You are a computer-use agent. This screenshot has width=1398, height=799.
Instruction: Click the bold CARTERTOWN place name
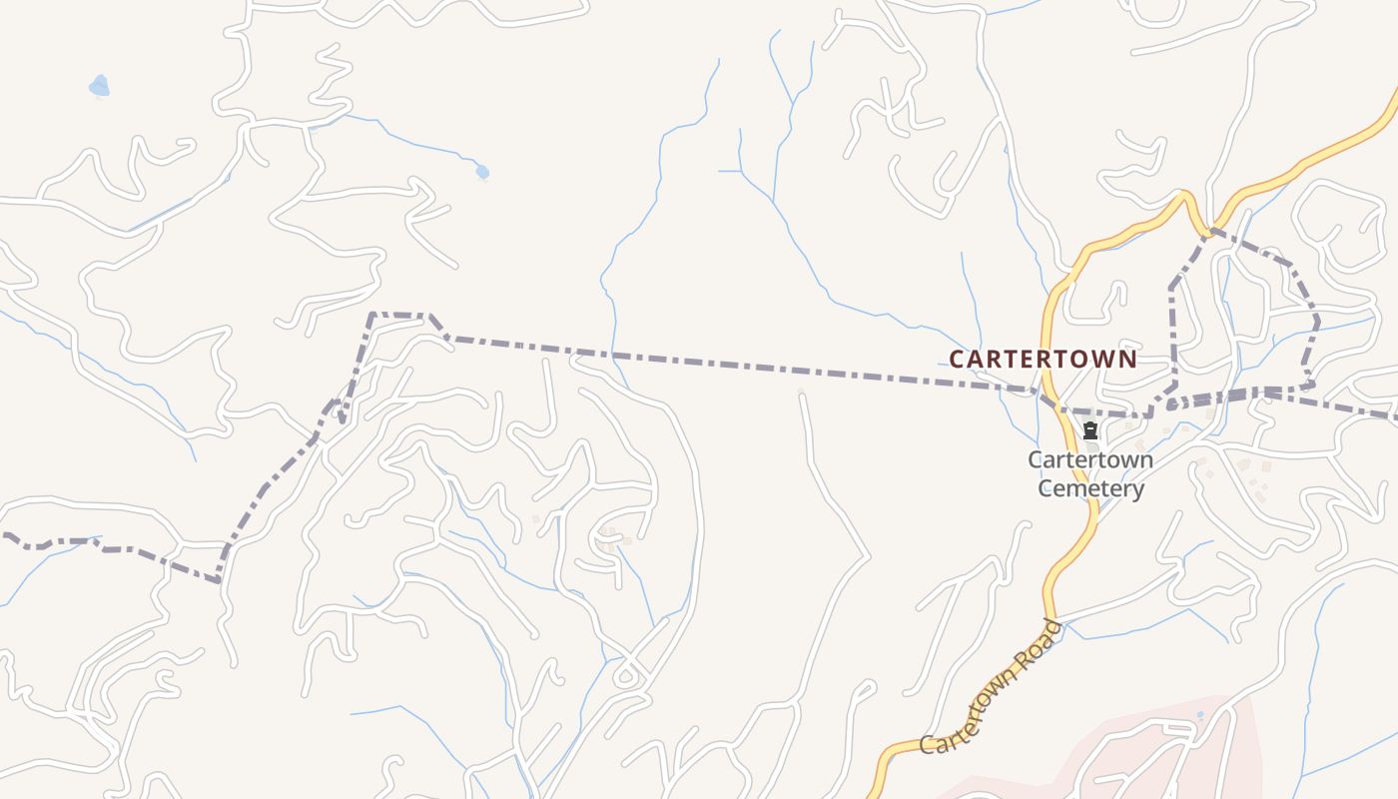pos(1043,359)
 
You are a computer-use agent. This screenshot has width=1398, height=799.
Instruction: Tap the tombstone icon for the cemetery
pos(1090,431)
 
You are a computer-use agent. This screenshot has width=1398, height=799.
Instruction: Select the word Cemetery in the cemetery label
pos(1090,488)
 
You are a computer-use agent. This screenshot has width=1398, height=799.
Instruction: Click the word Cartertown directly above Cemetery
pos(1090,460)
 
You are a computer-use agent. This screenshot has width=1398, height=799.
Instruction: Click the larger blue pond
pos(99,87)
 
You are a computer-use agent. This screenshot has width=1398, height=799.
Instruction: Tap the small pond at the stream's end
pos(482,172)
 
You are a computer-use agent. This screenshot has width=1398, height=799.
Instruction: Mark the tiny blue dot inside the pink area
pos(1200,715)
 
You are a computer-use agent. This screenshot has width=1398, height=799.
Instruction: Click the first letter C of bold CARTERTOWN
pos(956,359)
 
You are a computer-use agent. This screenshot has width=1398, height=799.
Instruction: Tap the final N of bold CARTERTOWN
pos(1128,359)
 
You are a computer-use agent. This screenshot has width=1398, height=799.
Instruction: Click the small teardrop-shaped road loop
pos(626,676)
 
